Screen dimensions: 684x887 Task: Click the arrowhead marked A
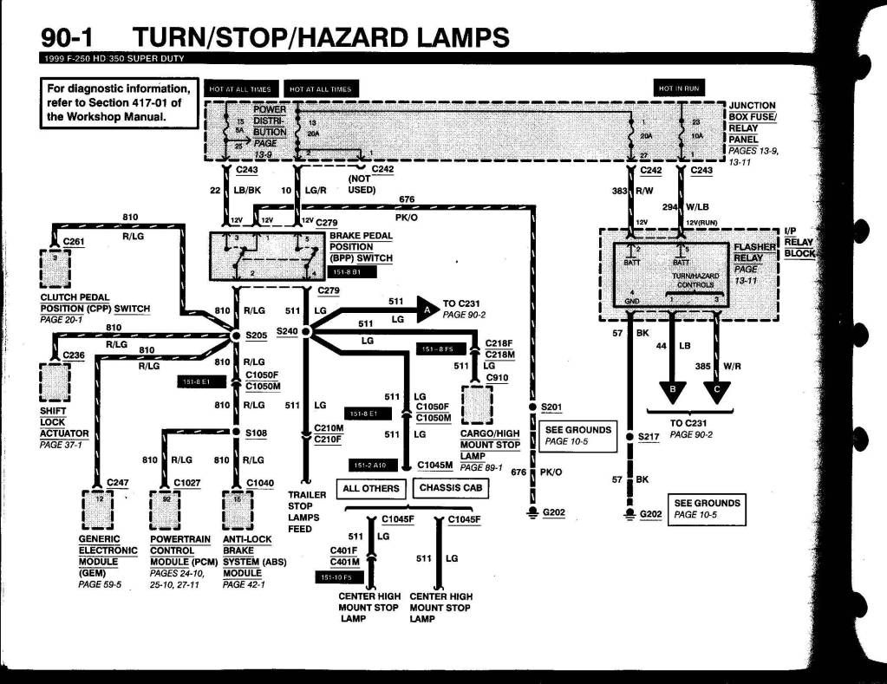426,306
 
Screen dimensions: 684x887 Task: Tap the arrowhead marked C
717,394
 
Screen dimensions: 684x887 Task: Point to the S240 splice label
287,331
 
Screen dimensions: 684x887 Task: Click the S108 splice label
257,432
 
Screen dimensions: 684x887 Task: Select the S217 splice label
649,436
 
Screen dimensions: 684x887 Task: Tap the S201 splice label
551,407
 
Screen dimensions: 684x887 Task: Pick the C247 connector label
118,482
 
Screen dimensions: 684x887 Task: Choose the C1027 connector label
187,482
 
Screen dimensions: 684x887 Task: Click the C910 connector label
497,377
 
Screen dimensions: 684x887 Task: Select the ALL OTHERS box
372,488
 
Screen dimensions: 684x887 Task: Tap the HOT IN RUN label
681,88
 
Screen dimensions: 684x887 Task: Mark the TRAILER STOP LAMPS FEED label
306,511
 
